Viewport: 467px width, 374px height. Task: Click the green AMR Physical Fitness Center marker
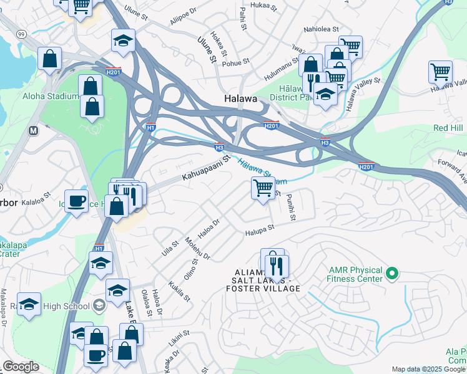coord(392,273)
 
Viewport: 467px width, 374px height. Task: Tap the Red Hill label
coord(449,128)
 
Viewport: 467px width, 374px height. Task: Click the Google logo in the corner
coord(21,367)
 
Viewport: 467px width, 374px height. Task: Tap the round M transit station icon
coord(33,132)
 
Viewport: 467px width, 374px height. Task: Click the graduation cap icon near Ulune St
coord(123,41)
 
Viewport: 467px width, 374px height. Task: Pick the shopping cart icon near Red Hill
coord(440,71)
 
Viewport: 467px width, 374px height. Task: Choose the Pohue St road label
coord(236,62)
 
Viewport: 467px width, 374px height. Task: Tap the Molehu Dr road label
coord(197,248)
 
